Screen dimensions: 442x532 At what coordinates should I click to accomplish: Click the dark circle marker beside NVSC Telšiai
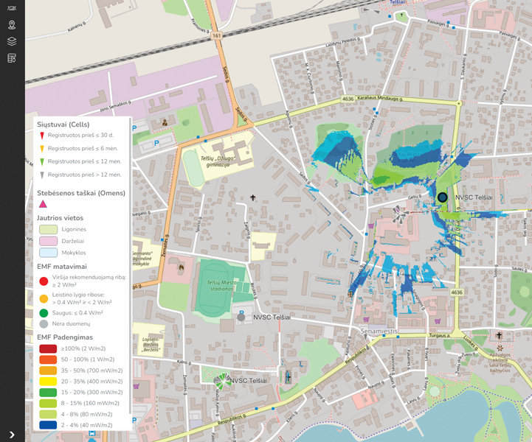[442, 197]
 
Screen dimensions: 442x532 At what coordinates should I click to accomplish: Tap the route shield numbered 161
[216, 35]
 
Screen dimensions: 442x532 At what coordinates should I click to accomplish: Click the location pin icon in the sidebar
[12, 25]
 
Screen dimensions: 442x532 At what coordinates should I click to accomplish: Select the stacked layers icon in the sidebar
[12, 41]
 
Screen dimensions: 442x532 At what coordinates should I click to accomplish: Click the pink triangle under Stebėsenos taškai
[43, 204]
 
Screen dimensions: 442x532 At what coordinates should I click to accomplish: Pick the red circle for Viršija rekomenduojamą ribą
[44, 281]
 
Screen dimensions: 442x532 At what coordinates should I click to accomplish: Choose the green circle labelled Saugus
[44, 312]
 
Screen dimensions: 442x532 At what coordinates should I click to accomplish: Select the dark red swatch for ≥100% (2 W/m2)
[48, 348]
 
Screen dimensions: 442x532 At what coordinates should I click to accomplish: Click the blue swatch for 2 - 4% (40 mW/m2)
[48, 425]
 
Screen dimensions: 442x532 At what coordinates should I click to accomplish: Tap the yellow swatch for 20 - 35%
[48, 382]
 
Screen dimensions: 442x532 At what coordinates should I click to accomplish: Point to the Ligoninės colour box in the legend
[48, 230]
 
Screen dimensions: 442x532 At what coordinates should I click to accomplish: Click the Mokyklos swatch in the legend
[48, 253]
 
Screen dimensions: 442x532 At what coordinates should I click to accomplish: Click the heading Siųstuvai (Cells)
[63, 124]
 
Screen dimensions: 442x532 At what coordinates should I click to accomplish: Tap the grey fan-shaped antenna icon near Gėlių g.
[399, 213]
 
